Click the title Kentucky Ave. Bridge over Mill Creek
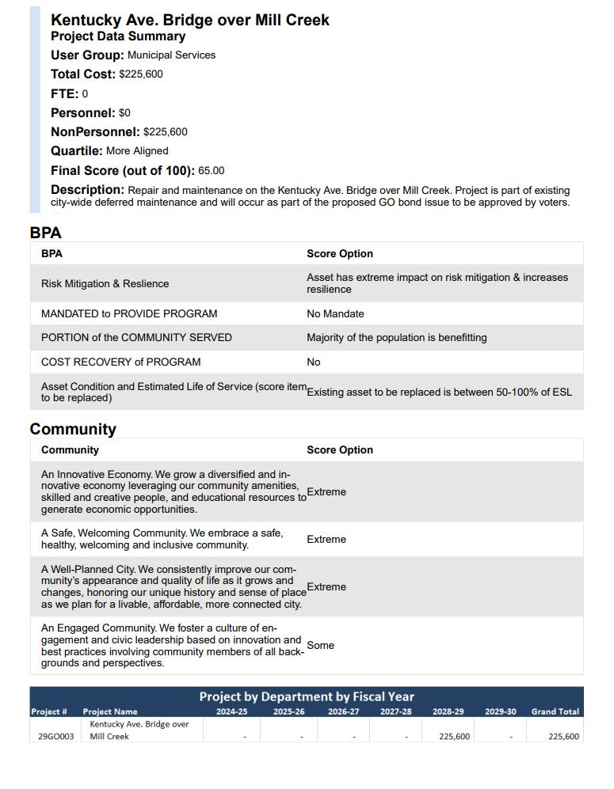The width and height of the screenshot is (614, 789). coord(189,20)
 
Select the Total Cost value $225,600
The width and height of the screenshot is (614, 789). coord(141,74)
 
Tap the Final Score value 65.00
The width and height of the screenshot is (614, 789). coord(212,171)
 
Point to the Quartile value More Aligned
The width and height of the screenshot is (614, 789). coord(137,151)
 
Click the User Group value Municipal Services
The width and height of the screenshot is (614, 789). coord(171,55)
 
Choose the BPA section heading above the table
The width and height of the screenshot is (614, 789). coord(45,233)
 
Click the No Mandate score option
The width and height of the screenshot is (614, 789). coord(335,314)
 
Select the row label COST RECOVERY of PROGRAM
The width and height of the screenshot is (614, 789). coord(120,362)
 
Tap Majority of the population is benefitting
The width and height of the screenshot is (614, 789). coord(396,338)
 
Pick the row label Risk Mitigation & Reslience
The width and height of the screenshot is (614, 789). coord(105,284)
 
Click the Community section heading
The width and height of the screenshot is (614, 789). coord(73,429)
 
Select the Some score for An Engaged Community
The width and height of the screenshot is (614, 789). coord(320,646)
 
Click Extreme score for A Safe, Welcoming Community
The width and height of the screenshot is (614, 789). coord(326,540)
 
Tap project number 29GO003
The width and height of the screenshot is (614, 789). coord(55,737)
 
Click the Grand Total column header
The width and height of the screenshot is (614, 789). coord(555,711)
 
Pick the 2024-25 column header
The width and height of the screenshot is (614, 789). coord(231,711)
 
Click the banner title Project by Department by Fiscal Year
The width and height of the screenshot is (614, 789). coord(307,696)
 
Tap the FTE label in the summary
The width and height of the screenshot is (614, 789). coord(64,93)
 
